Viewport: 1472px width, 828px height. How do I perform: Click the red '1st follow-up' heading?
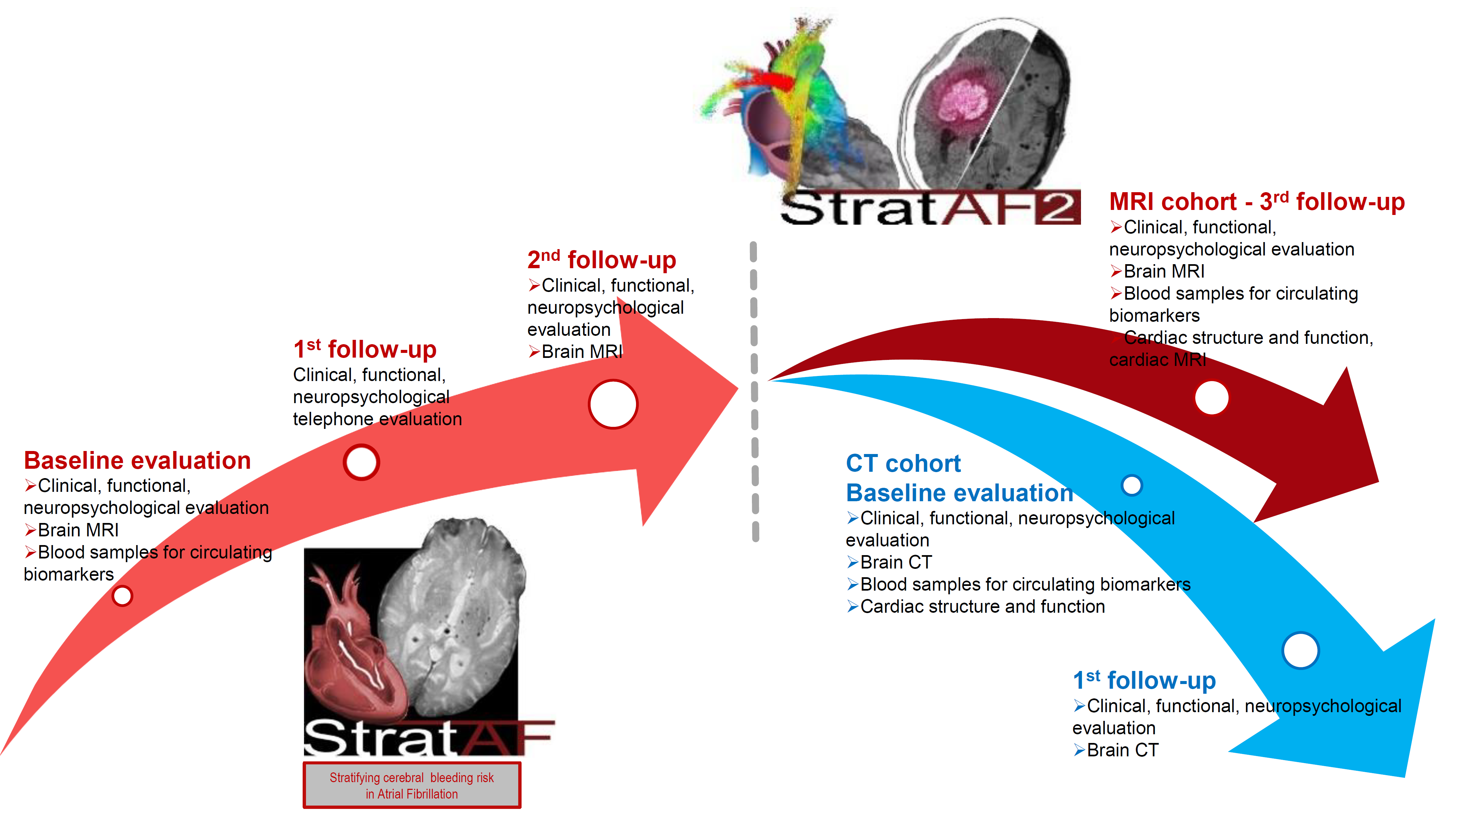point(365,349)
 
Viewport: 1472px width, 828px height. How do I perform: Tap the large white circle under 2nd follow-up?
point(613,404)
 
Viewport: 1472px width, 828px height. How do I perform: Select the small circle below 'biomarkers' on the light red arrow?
point(122,595)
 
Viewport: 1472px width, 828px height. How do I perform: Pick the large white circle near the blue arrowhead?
point(1301,650)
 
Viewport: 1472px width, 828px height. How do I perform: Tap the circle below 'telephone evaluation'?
point(361,462)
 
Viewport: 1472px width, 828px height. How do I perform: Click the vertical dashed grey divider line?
point(754,391)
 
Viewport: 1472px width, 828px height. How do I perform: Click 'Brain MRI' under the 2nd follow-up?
point(575,352)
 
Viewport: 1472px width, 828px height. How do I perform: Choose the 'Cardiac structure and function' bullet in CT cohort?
point(976,606)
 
